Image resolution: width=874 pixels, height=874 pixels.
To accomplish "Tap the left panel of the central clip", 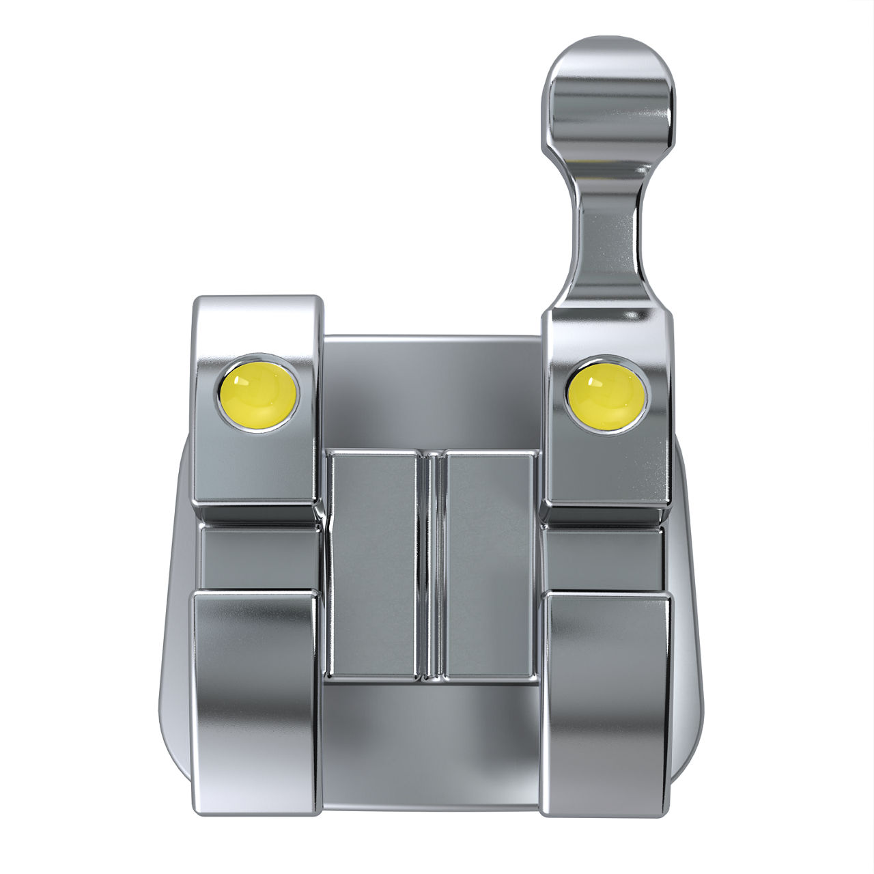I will pyautogui.click(x=372, y=563).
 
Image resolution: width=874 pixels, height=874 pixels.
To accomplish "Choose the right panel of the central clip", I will pyautogui.click(x=488, y=563).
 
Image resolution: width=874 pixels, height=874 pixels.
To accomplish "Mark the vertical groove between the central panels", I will pyautogui.click(x=430, y=563).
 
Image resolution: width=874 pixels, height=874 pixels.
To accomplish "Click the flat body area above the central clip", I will pyautogui.click(x=430, y=393).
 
